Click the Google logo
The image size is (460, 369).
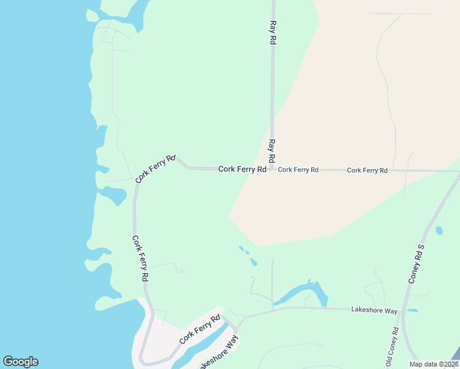click(x=20, y=362)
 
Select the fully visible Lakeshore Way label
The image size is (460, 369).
click(x=374, y=311)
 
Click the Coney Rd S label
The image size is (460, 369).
click(x=416, y=263)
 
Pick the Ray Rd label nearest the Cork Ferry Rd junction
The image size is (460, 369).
click(x=271, y=151)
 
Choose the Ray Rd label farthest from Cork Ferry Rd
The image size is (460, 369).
click(x=271, y=31)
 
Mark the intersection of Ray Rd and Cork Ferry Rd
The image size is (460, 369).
click(x=272, y=170)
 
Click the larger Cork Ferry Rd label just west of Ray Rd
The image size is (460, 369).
click(x=242, y=169)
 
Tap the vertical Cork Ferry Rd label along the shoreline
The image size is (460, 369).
click(x=140, y=258)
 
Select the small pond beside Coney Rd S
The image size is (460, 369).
click(x=438, y=231)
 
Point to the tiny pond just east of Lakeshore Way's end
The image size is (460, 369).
click(x=412, y=311)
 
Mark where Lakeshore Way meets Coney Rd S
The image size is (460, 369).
click(x=403, y=311)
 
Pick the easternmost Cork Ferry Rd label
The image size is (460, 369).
click(x=367, y=170)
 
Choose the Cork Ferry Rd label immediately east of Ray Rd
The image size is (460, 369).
click(x=298, y=170)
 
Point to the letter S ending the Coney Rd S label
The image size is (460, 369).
click(x=422, y=248)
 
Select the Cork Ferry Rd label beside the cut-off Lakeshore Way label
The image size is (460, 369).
click(x=199, y=330)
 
